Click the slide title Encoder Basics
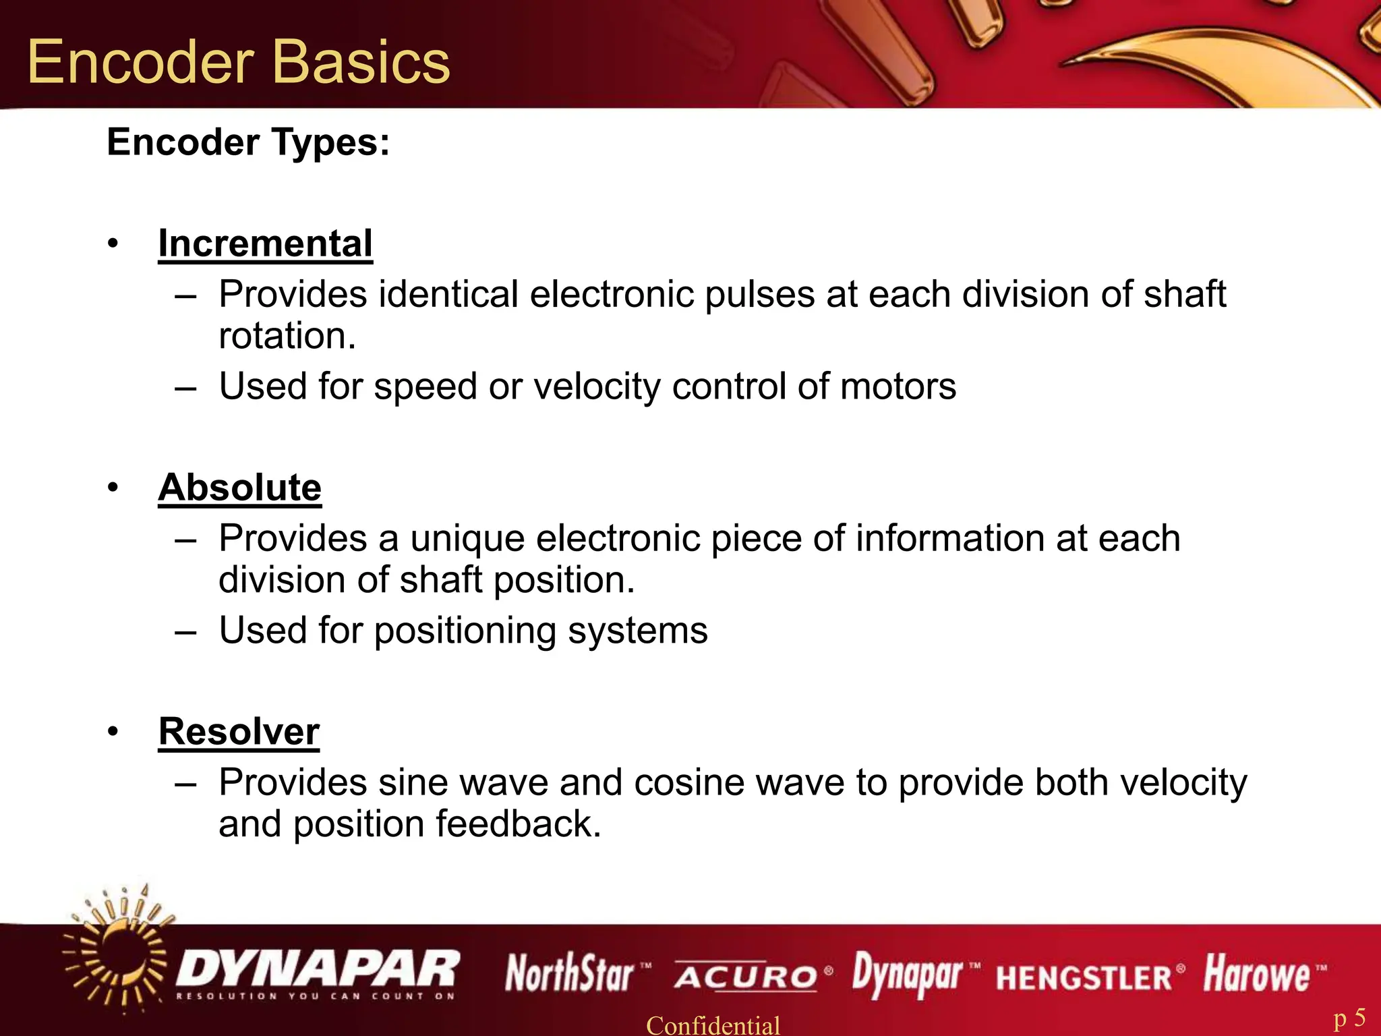[238, 62]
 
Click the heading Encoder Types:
[248, 142]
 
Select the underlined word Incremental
[265, 243]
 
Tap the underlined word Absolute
[239, 488]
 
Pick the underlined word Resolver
[239, 732]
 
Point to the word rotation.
[287, 336]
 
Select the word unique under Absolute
[467, 539]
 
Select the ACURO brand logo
[746, 976]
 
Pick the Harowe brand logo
[1257, 974]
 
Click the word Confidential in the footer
[713, 1025]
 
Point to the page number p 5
[1349, 1018]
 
